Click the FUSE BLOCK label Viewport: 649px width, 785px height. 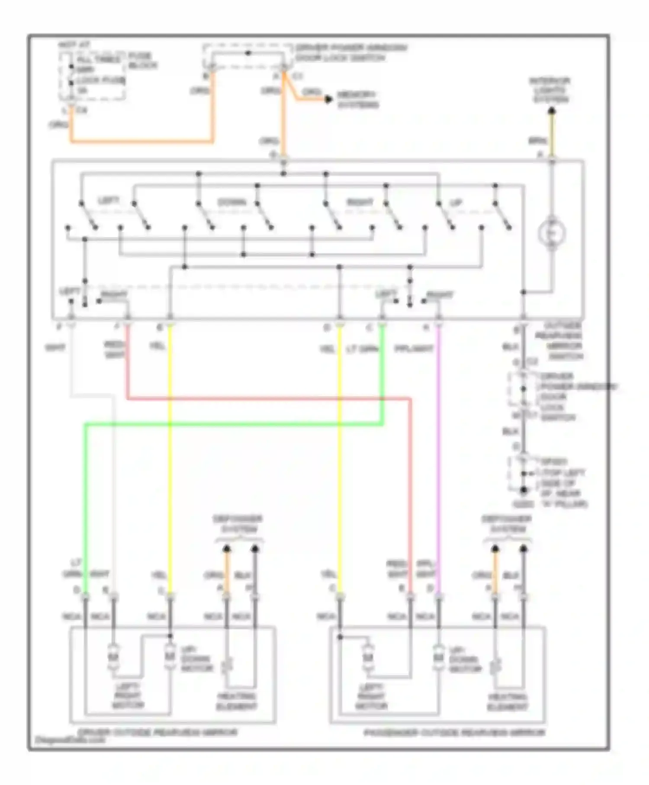coord(142,61)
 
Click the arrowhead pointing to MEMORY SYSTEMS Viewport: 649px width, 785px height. coord(329,100)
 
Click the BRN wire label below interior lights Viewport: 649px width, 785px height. coord(537,141)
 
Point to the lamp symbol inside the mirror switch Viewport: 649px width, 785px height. coord(552,233)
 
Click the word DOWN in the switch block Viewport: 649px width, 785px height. coord(231,202)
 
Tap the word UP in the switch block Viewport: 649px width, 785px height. coord(456,203)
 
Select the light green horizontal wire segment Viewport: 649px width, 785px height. coord(234,425)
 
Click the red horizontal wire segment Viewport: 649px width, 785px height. coord(268,399)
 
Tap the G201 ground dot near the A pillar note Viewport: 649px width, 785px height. coord(524,490)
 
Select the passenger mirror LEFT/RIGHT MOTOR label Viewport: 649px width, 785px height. coord(371,696)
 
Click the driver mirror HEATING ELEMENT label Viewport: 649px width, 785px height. coord(236,701)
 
